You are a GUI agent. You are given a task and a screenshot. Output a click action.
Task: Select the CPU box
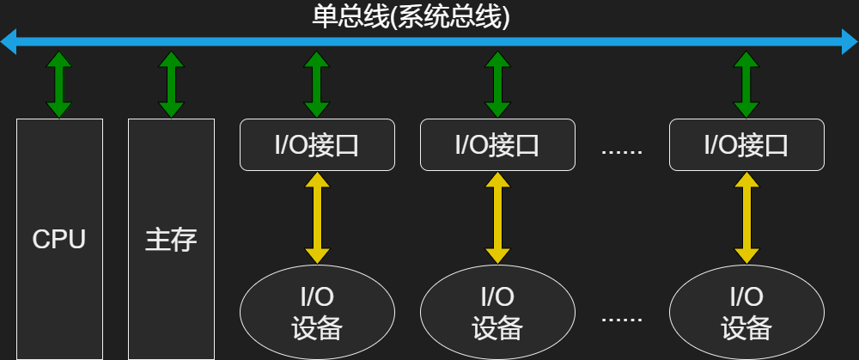[x=59, y=239]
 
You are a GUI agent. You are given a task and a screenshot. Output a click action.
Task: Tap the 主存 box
[x=171, y=239]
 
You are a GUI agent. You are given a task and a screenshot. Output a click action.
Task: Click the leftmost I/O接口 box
[x=317, y=144]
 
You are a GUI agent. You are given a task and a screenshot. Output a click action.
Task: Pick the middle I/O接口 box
[x=497, y=144]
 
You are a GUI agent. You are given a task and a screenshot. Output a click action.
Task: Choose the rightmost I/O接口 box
[x=746, y=144]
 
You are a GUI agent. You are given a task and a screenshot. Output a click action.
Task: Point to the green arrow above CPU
[x=59, y=84]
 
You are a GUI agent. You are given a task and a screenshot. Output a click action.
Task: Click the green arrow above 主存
[x=171, y=84]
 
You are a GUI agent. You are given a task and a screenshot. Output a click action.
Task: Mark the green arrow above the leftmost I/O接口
[x=317, y=84]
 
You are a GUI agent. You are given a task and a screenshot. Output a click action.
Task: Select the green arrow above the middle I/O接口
[x=497, y=84]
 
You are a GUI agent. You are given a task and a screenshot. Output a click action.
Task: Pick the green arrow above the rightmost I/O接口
[x=746, y=84]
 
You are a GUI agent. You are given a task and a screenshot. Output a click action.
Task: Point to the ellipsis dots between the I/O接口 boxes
[x=622, y=152]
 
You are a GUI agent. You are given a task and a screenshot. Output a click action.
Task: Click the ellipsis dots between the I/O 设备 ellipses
[x=622, y=320]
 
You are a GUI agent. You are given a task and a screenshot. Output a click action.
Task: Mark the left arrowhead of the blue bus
[x=9, y=40]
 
